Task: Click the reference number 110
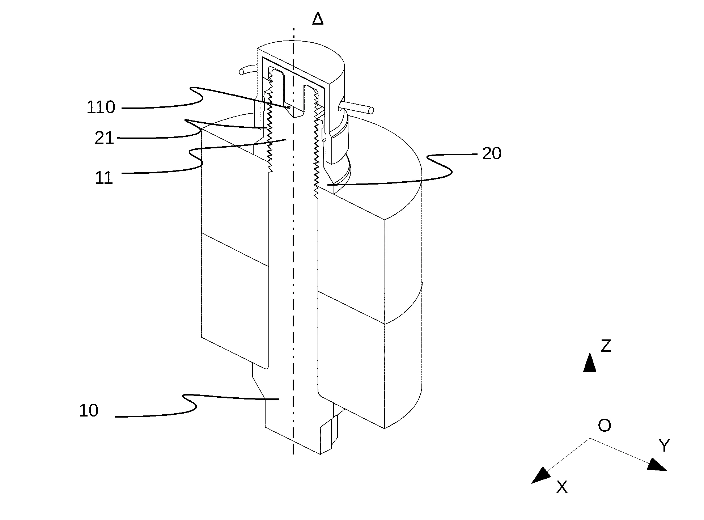click(x=101, y=107)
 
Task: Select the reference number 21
click(x=104, y=138)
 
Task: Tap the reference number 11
click(x=104, y=178)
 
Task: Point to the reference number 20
click(x=492, y=154)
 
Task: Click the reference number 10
click(x=89, y=411)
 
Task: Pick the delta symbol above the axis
click(x=318, y=19)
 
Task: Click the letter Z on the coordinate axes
click(x=606, y=346)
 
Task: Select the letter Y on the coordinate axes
click(x=664, y=445)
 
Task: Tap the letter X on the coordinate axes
click(x=562, y=487)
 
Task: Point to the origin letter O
click(x=605, y=426)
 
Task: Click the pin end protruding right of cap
click(x=370, y=110)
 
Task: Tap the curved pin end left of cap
click(x=242, y=72)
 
